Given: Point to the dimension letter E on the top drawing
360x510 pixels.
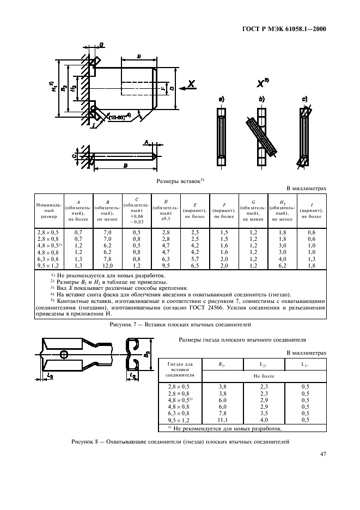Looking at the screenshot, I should click(140, 56).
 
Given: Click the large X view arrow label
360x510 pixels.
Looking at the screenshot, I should click(191, 83).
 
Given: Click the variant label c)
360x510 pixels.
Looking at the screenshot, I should click(304, 100).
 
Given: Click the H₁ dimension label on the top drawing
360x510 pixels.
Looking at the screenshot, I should click(54, 87).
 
